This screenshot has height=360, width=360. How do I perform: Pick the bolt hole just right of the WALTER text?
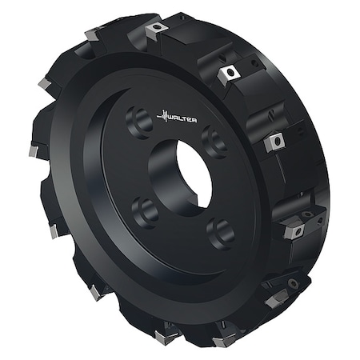[213, 141]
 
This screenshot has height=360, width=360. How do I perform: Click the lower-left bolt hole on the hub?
[144, 211]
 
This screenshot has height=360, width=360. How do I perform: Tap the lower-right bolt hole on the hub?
[219, 234]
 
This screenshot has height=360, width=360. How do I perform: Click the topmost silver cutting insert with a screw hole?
[155, 29]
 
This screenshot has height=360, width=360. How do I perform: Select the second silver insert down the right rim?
[229, 74]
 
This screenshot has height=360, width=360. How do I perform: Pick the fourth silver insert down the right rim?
[294, 230]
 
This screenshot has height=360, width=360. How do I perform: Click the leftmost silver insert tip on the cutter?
[33, 150]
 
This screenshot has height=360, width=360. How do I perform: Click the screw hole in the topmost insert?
[156, 28]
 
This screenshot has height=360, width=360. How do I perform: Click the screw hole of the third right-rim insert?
[277, 142]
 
